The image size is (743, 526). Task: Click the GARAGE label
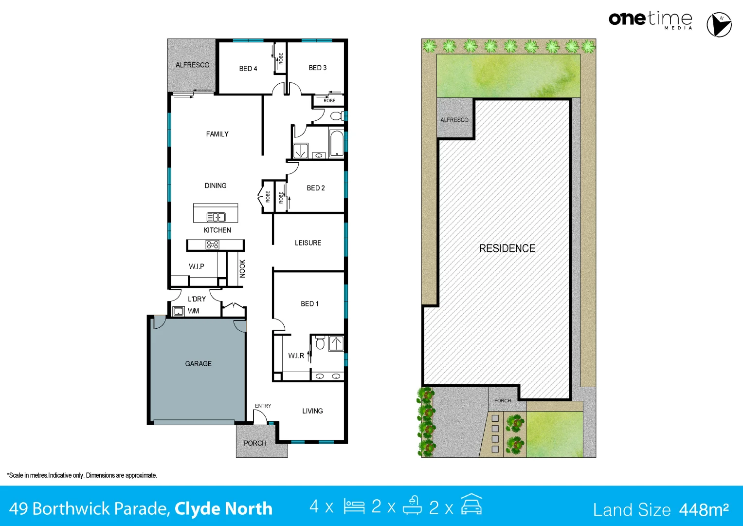pos(198,364)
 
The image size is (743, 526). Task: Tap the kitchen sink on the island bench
pos(216,217)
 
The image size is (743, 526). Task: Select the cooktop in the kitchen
pos(212,244)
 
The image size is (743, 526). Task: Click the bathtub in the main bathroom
pos(337,144)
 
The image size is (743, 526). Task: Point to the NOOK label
pos(242,269)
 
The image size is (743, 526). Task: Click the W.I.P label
pos(197,266)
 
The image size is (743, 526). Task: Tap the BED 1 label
pos(309,303)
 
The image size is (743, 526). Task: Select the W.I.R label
pos(296,356)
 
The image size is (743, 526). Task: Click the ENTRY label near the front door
pos(263,406)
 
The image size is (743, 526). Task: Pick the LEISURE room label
pos(308,243)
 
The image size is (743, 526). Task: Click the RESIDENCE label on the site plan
pos(507,248)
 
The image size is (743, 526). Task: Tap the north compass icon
pos(719,24)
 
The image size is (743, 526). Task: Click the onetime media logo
pos(651,20)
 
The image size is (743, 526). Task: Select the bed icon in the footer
pos(354,507)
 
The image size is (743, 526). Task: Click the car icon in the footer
pos(471,505)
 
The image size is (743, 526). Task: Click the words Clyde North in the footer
pos(223,509)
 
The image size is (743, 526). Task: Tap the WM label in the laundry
pos(193,311)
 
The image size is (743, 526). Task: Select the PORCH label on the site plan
pos(503,400)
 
